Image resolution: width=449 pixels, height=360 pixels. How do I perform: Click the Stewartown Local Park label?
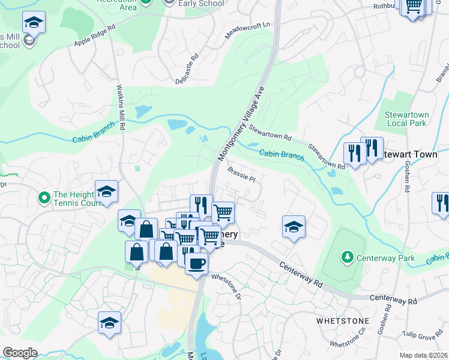point(407,118)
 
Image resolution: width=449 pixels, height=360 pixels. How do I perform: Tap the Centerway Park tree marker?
point(346,257)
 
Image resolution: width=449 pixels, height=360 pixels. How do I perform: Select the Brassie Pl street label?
point(242,175)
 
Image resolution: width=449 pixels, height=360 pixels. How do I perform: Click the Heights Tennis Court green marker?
point(44,197)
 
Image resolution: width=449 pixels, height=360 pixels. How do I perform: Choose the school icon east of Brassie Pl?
point(294,227)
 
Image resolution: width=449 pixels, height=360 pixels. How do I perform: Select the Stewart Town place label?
point(415,154)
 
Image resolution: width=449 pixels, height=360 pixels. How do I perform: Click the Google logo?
point(20,353)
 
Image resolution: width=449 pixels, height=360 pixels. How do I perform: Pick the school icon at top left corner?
point(34,23)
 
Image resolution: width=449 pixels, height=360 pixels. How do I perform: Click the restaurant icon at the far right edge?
point(441,203)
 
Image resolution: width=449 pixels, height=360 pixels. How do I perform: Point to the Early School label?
point(201,4)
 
